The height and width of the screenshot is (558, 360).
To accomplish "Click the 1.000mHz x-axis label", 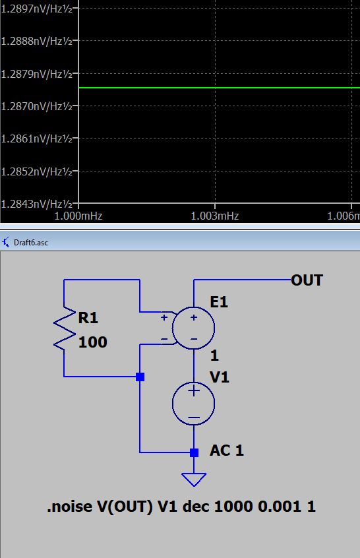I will point(78,216).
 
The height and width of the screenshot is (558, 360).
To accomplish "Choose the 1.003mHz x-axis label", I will point(214,216).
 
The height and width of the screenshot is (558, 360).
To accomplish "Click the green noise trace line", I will point(218,88).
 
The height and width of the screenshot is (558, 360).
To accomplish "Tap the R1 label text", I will point(88,319).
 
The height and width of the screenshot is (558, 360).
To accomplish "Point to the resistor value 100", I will point(92,342).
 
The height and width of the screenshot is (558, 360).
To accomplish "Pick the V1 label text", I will point(219,376).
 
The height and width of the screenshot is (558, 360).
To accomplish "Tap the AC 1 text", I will point(227,451).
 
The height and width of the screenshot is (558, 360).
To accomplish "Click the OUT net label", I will point(307,280).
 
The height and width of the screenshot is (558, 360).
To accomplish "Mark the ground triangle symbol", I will point(194,479).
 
